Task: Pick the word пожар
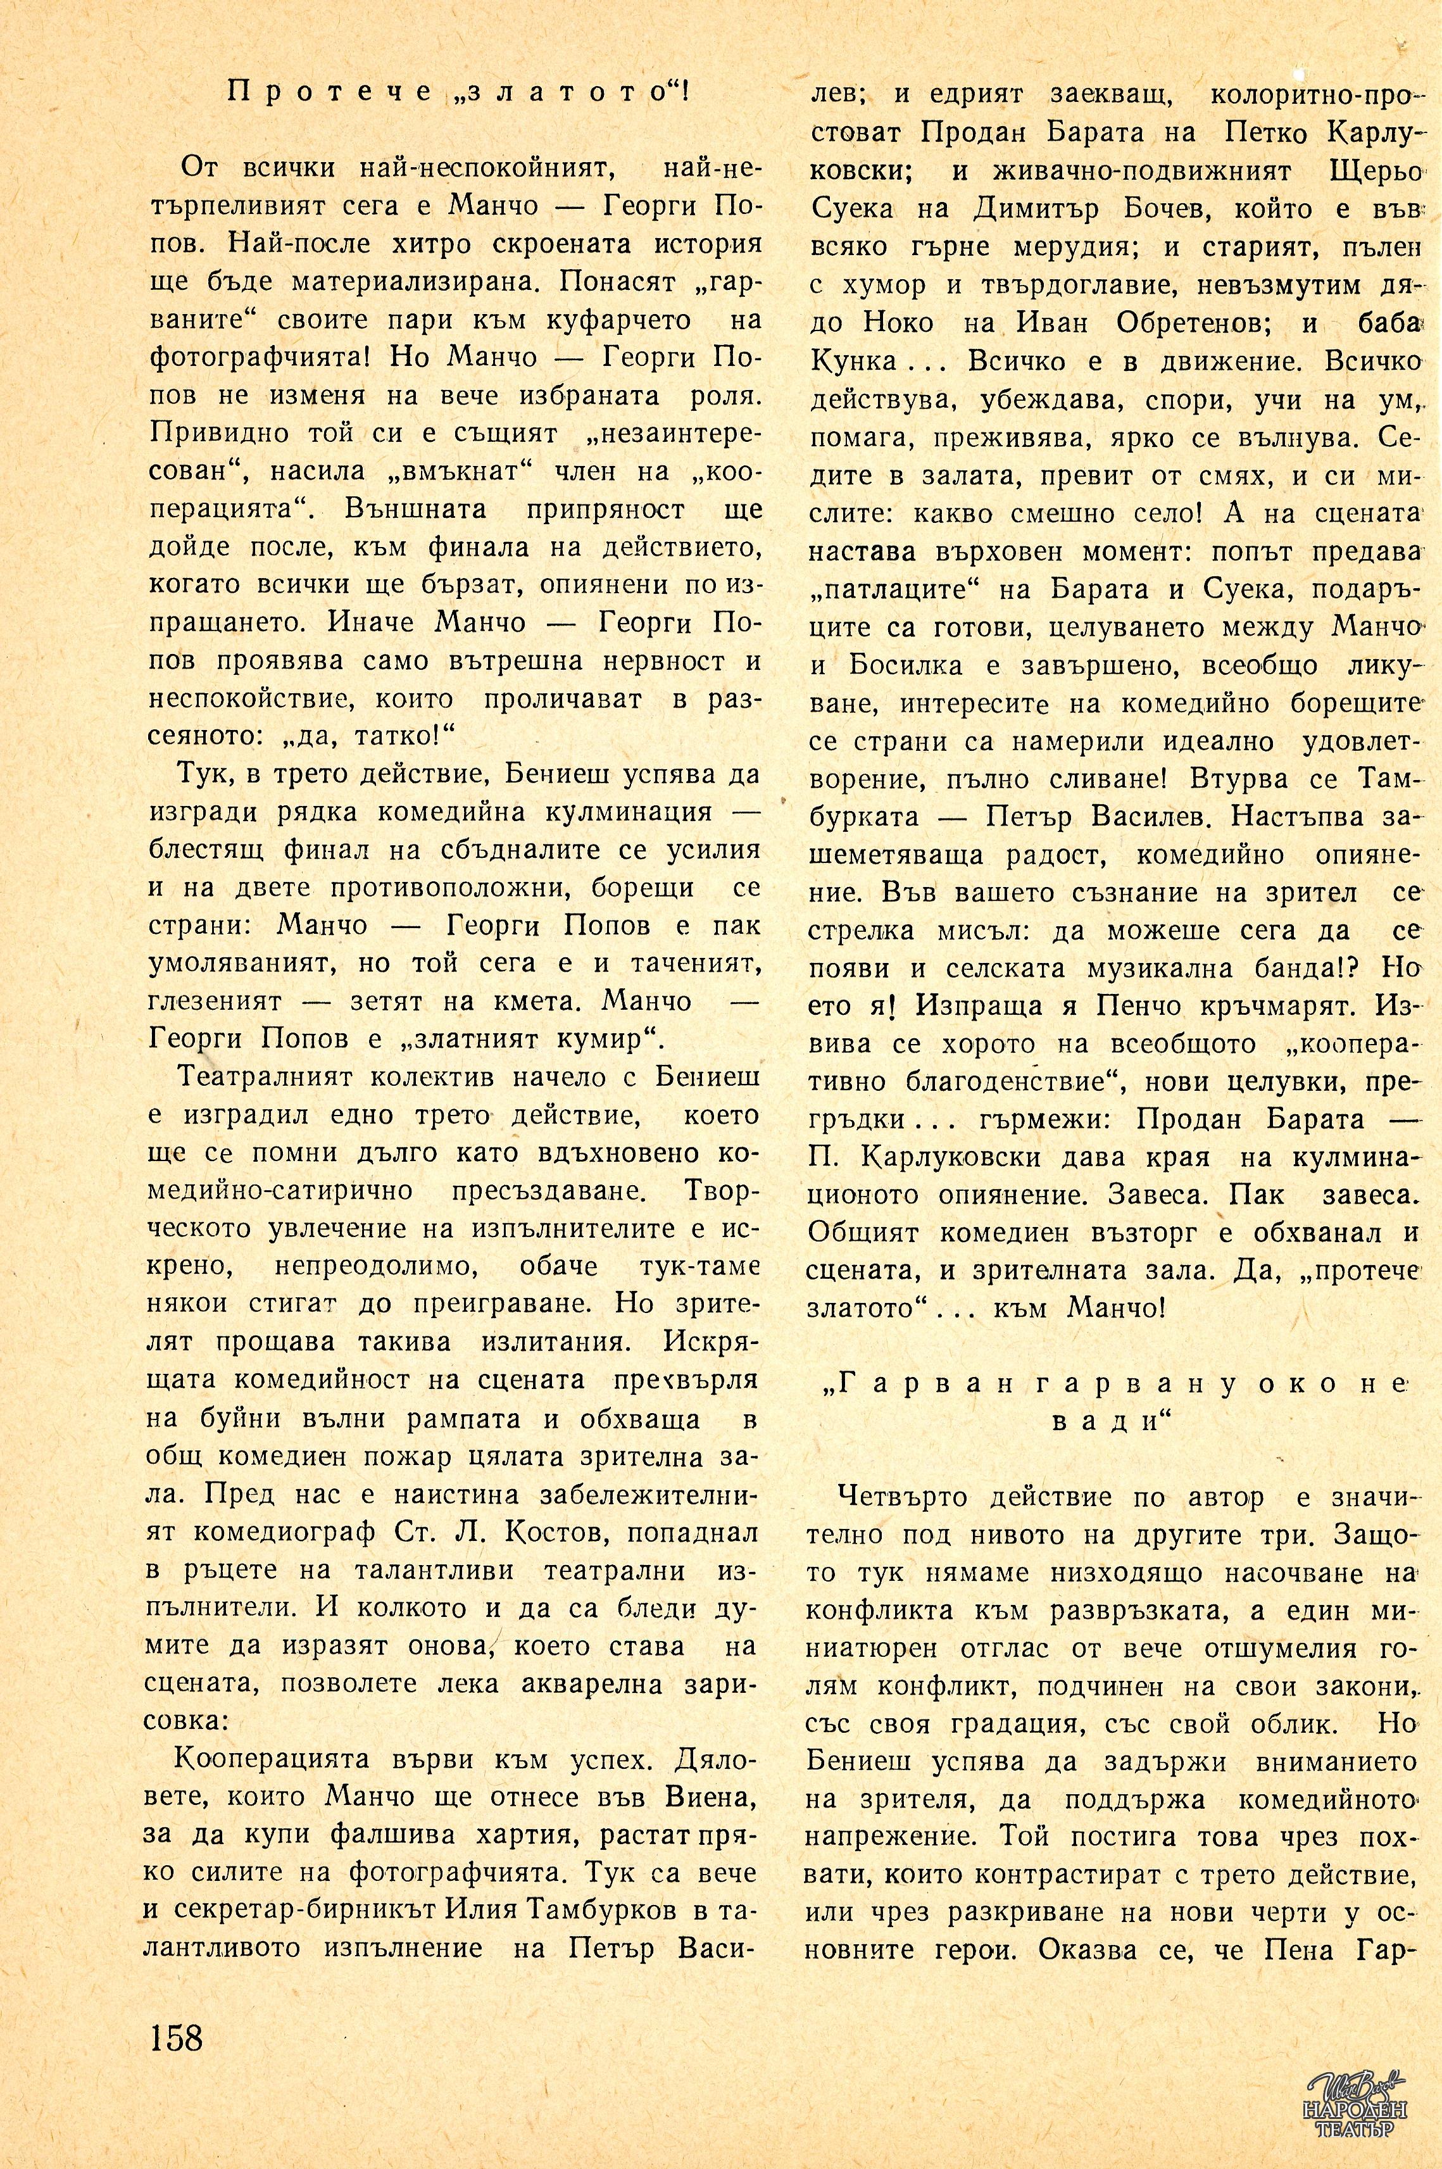click(422, 1458)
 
